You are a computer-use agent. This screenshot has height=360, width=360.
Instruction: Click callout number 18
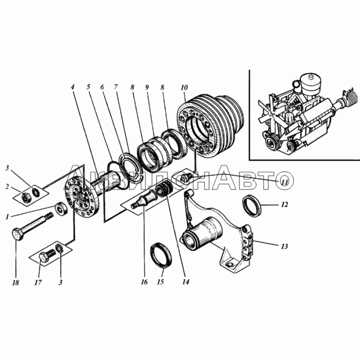coord(16,283)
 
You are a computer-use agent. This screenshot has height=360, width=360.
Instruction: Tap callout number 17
coord(38,283)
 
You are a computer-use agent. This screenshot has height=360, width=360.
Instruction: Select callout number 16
coord(144,282)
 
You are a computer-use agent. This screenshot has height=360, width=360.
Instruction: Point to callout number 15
coord(161,282)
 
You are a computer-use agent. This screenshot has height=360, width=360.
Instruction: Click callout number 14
coord(186,282)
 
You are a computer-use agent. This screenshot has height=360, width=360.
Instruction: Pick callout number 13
coord(284,247)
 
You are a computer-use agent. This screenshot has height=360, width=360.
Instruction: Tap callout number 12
coord(284,205)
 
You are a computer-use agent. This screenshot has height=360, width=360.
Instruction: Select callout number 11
coord(284,183)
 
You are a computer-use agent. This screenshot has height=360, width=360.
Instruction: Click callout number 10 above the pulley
coord(184,87)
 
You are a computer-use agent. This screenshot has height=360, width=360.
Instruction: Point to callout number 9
coord(147,87)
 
